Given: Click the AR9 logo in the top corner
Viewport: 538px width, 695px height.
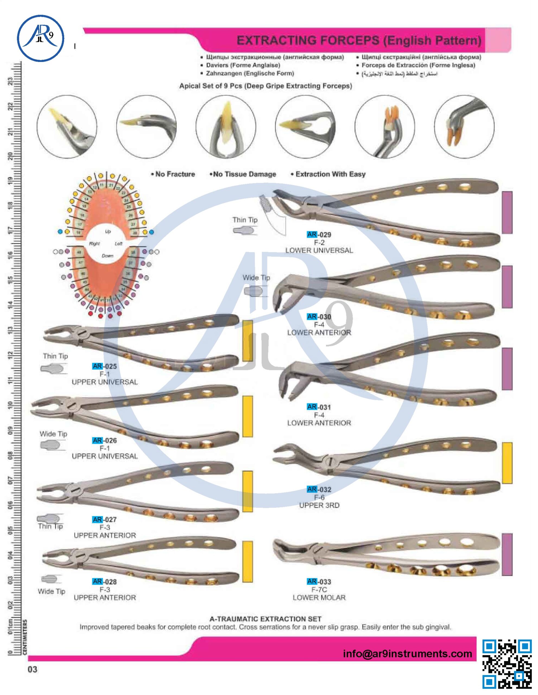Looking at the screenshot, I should point(40,38).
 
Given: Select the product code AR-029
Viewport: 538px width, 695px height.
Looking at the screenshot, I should point(319,235).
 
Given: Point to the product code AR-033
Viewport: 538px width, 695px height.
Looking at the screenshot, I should point(319,582).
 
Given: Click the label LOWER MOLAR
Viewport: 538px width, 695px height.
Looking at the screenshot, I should point(319,597).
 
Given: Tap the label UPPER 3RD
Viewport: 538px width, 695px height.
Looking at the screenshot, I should point(319,505).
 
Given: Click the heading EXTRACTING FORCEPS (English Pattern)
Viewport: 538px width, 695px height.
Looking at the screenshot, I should point(359,40).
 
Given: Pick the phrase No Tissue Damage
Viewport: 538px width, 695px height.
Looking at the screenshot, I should point(243,174).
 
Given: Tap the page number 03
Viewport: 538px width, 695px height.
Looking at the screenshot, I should point(33,669).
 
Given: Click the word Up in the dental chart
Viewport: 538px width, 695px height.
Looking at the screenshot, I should point(108,231).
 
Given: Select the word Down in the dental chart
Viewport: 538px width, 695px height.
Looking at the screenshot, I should point(107,255).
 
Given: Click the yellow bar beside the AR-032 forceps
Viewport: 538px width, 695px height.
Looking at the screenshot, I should point(507,463).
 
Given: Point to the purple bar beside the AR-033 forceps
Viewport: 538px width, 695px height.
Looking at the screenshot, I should point(507,555).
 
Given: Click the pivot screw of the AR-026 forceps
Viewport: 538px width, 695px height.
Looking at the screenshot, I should point(72,407).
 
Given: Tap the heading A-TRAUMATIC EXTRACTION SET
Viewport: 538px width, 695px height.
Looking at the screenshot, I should point(265,619).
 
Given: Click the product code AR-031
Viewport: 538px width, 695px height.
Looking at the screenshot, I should point(319,407).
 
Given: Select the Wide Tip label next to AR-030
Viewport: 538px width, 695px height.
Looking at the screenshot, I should point(256,278).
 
